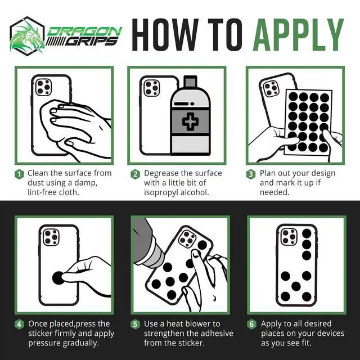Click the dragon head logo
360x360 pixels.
coord(28,36)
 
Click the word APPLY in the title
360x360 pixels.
coord(298,35)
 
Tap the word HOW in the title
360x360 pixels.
coord(165,35)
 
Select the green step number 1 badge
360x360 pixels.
coord(19,174)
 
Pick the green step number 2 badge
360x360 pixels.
coord(136,174)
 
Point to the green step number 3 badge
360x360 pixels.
coord(251,174)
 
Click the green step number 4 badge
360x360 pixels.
coord(19,325)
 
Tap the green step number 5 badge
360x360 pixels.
coord(135,325)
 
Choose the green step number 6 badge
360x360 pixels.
coord(251,325)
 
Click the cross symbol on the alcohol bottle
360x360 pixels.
coord(190,121)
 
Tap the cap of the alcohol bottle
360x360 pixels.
coord(190,81)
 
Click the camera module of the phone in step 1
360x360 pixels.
coord(44,87)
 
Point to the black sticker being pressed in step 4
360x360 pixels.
coord(58,278)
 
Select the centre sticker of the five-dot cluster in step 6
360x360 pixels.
coord(296,286)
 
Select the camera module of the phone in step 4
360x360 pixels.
coord(51,237)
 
